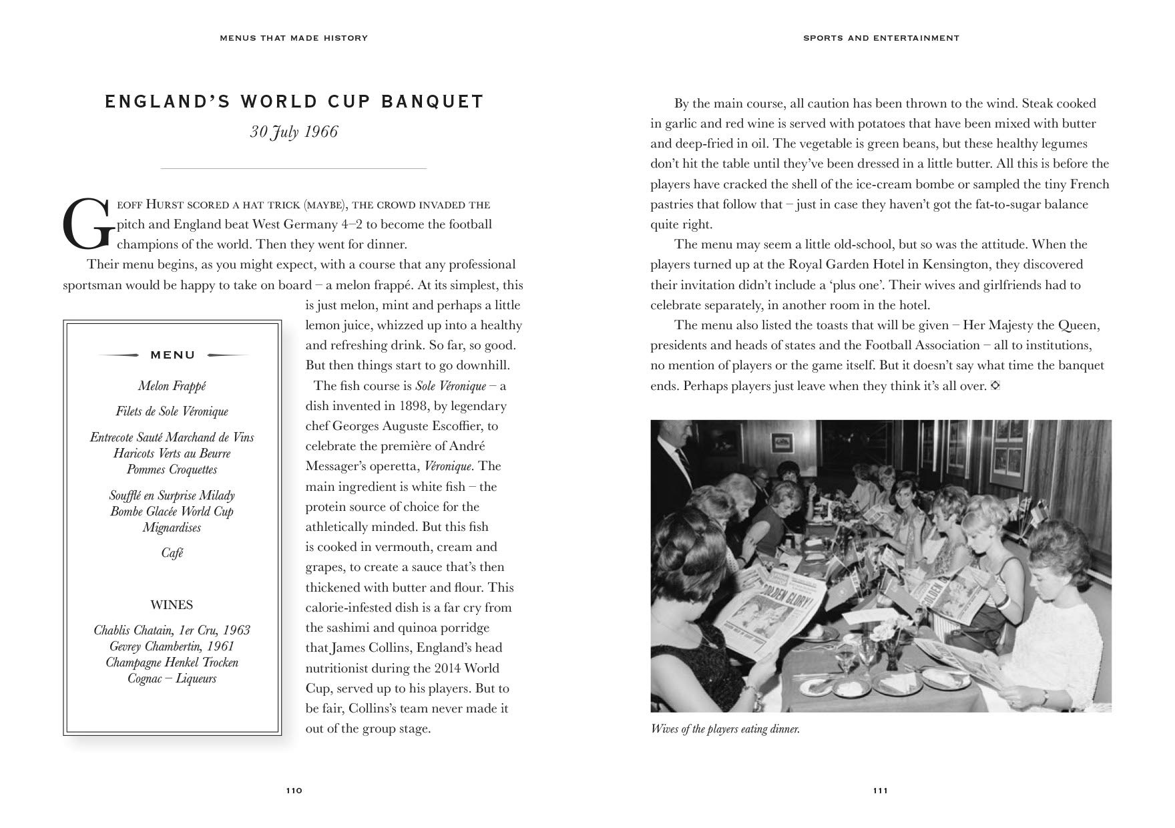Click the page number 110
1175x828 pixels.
coord(294,791)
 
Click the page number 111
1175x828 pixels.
coord(880,791)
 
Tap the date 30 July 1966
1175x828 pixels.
coord(294,132)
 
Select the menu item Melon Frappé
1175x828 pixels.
coord(172,386)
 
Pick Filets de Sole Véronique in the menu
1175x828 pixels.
coord(172,411)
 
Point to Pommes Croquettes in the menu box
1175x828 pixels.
coord(172,469)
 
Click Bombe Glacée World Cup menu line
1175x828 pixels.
coord(172,511)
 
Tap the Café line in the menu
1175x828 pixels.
coord(172,553)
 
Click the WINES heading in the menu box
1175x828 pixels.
coord(172,605)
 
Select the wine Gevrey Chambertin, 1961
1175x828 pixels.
coord(172,646)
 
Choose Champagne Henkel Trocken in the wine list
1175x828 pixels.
coord(172,662)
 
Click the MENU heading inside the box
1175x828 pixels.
coord(173,355)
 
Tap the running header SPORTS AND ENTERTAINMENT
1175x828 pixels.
coord(881,38)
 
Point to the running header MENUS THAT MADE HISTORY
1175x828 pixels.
coord(294,38)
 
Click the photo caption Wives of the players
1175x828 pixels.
coord(725,729)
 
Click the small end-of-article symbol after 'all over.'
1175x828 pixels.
coord(995,386)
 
